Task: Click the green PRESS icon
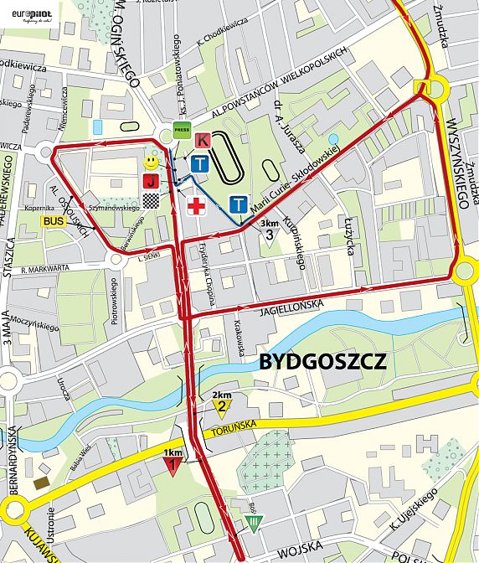click(182, 129)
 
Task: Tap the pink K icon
click(202, 141)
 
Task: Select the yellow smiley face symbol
click(150, 161)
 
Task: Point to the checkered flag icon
click(151, 199)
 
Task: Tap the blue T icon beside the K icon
click(199, 163)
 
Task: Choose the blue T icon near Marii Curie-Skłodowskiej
click(239, 204)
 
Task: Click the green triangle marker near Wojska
click(254, 524)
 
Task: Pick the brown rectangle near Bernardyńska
click(40, 483)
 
